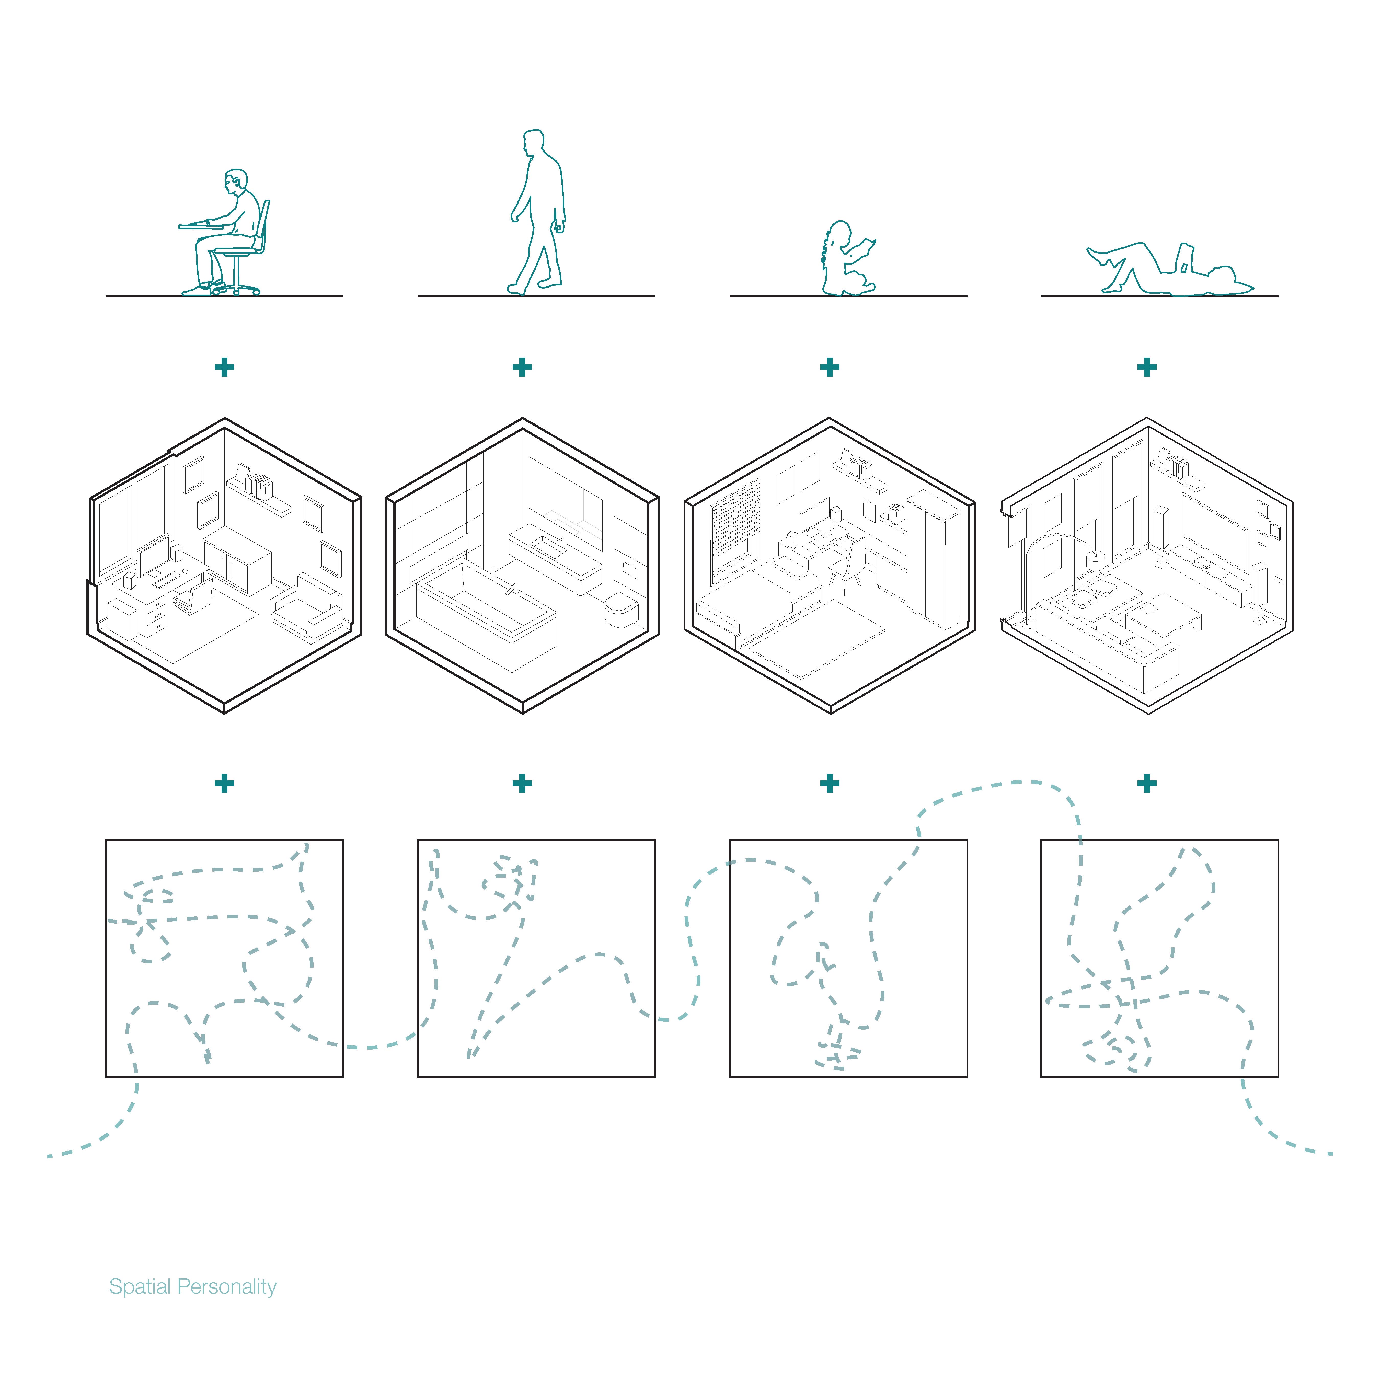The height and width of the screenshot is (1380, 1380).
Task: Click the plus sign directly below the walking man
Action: [x=522, y=367]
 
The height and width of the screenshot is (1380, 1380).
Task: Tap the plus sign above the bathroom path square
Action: [x=522, y=784]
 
